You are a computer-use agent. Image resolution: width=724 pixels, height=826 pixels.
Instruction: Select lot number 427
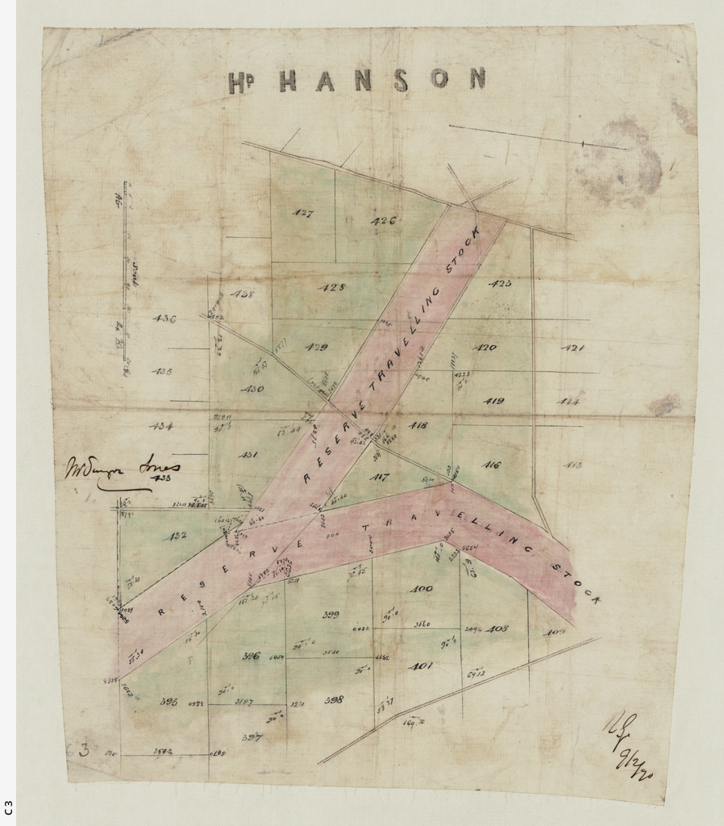point(303,214)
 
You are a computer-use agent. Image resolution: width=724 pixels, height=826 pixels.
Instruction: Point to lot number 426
point(383,221)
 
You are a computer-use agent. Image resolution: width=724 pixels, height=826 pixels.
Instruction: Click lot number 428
point(333,287)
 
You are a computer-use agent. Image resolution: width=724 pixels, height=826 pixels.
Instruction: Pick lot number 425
point(500,284)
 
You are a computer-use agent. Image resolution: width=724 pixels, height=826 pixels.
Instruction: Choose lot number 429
point(316,347)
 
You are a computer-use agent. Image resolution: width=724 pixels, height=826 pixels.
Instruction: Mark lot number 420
point(485,348)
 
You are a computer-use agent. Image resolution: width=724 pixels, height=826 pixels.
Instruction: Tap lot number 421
point(572,348)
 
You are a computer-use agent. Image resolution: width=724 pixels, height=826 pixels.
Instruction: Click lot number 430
point(252,389)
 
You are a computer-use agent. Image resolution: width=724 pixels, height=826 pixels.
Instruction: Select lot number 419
point(493,401)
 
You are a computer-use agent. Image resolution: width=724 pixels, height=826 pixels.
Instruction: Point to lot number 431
point(248,455)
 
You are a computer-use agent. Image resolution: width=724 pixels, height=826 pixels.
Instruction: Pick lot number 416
point(491,465)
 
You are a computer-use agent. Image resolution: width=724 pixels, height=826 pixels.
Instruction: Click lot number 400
point(421,589)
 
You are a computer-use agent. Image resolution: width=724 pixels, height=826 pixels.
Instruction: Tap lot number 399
point(331,615)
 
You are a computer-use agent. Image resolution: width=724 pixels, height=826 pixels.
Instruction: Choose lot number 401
point(420,666)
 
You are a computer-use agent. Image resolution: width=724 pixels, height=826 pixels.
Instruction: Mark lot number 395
point(169,702)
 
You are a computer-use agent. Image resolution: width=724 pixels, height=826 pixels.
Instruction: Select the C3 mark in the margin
point(7,807)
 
